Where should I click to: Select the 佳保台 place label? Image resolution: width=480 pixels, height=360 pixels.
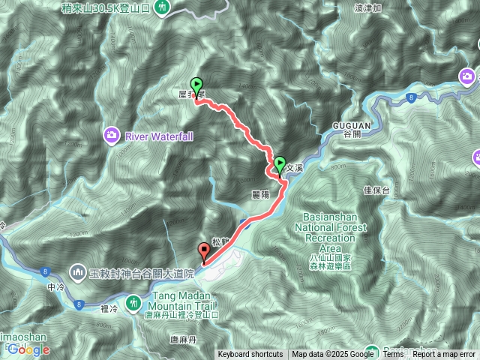pyautogui.click(x=376, y=190)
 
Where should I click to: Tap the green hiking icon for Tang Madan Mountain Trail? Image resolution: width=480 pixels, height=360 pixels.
pyautogui.click(x=133, y=301)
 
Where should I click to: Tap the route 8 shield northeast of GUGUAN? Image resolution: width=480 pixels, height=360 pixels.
pyautogui.click(x=412, y=97)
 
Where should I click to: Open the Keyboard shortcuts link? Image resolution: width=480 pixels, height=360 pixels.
pyautogui.click(x=250, y=355)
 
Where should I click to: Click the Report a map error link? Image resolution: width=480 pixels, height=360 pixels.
pyautogui.click(x=444, y=355)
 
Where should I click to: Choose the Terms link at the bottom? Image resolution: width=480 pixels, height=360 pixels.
pyautogui.click(x=393, y=355)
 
